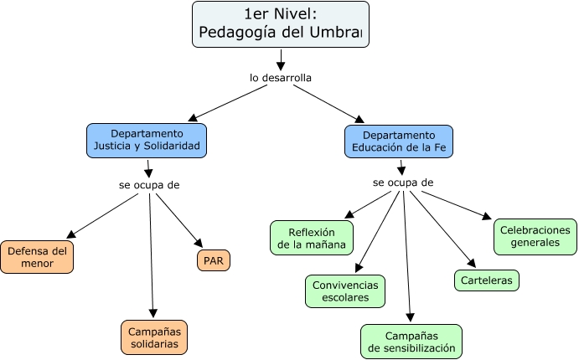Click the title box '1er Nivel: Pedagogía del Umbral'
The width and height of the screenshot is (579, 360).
[x=280, y=23]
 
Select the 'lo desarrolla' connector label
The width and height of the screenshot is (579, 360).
[x=281, y=78]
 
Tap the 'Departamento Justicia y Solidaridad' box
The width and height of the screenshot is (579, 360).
[x=147, y=141]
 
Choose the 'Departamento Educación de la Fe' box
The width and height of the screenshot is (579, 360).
[x=399, y=142]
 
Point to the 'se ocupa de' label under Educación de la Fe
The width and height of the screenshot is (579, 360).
[x=403, y=183]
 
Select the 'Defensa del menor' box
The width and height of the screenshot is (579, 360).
[x=36, y=257]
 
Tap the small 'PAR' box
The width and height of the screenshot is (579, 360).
[x=214, y=260]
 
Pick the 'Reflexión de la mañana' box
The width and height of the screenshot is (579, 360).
[x=312, y=239]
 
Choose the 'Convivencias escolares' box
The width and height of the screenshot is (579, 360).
[x=345, y=291]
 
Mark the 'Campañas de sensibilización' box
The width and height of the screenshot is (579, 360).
[x=411, y=342]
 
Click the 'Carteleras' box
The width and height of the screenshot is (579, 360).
[x=486, y=280]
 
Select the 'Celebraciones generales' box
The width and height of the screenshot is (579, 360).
[x=534, y=236]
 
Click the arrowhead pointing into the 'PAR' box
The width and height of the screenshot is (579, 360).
[x=198, y=241]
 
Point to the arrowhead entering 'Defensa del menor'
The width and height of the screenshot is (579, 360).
[x=70, y=234]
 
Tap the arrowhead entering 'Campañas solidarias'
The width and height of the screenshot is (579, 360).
[x=153, y=313]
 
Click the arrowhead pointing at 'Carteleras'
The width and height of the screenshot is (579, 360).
[x=472, y=263]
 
